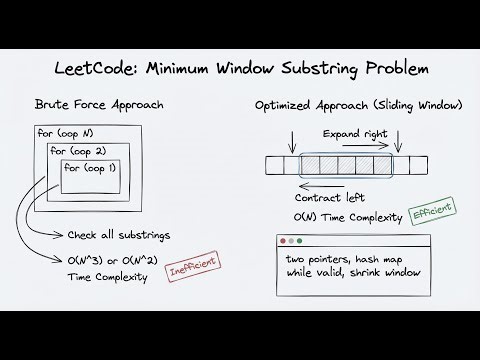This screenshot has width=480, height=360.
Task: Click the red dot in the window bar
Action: tap(285, 243)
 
